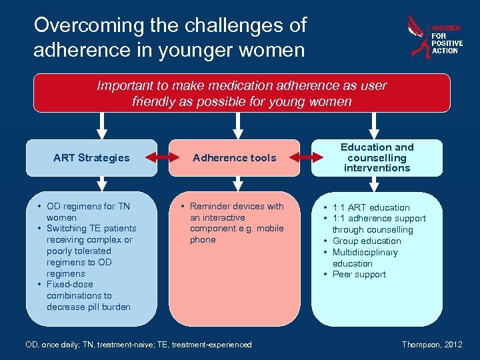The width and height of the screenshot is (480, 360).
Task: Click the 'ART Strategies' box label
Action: (91, 158)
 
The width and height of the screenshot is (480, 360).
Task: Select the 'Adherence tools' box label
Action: (234, 158)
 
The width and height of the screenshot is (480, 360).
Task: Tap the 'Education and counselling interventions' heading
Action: (377, 157)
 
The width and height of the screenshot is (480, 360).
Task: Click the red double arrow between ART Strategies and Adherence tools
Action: (163, 158)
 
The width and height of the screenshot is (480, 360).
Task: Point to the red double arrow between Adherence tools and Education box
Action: (305, 158)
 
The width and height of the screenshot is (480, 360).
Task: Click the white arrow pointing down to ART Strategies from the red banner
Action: (102, 125)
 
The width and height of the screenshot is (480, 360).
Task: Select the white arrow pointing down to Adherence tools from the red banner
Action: (234, 125)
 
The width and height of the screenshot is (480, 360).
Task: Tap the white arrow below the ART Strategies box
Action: (102, 184)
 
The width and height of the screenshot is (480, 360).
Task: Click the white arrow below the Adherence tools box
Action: (234, 184)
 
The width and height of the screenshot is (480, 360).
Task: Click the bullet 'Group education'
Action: (367, 241)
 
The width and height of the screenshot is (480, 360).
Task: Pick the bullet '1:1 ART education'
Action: (371, 207)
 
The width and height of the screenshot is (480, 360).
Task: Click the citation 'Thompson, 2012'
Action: (432, 345)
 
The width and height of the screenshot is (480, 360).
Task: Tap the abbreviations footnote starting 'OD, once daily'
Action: (139, 345)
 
